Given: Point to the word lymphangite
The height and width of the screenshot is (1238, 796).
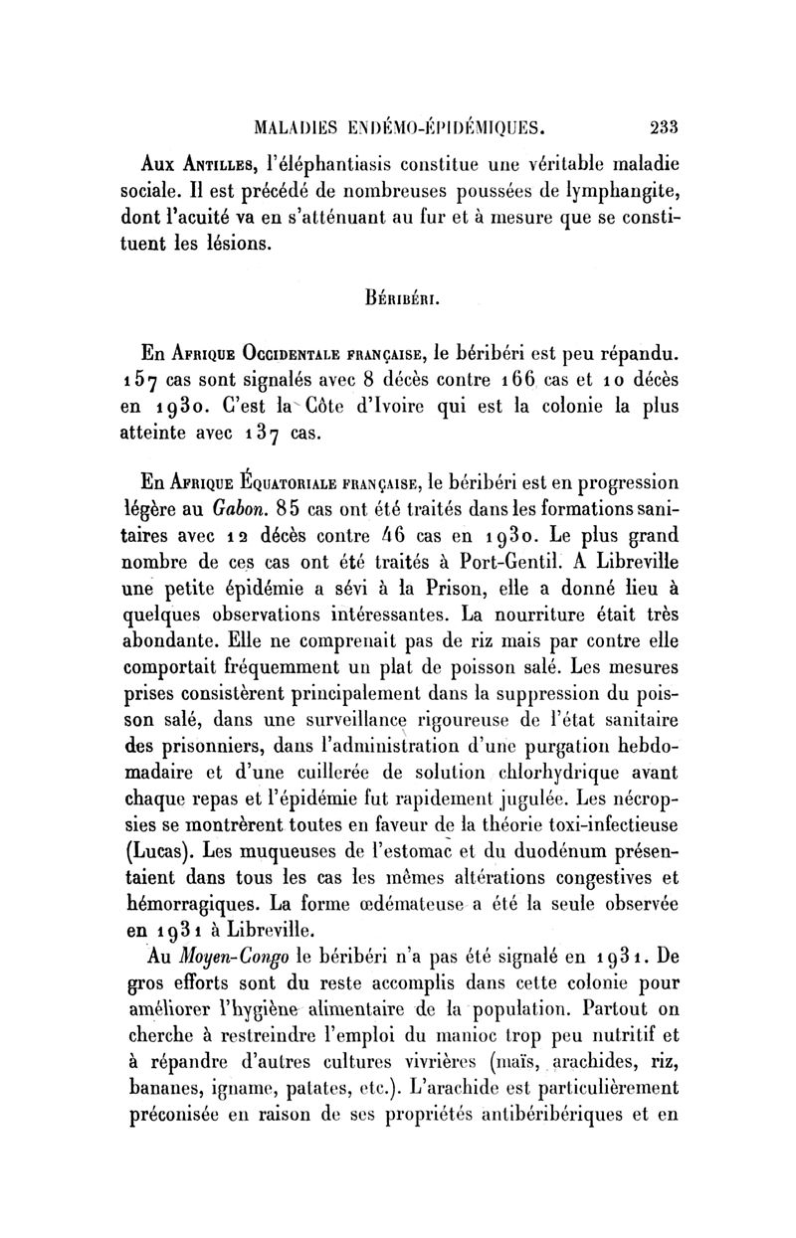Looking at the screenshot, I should coord(614,190).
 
